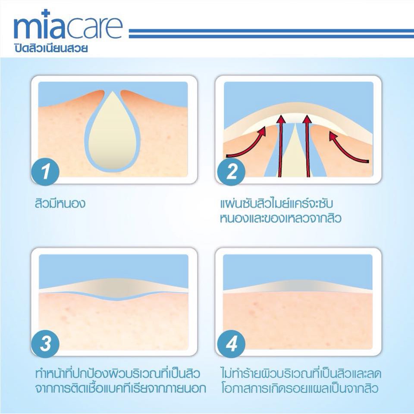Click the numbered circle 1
[x=45, y=172]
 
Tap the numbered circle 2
[x=231, y=172]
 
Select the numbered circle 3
[x=45, y=344]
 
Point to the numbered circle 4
[x=231, y=344]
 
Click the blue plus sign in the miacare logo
[x=46, y=13]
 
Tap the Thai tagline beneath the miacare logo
[x=51, y=48]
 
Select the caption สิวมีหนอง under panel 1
[x=60, y=204]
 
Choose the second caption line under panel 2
[x=281, y=219]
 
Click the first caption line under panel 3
[x=118, y=373]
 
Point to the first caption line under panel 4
[x=301, y=373]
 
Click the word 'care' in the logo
[x=94, y=28]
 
